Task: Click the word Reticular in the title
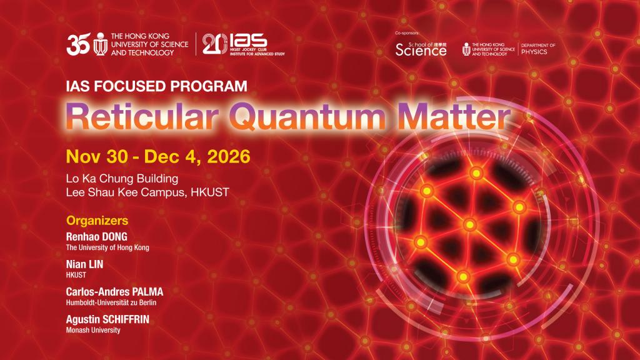142,116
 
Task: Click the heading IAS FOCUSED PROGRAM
157,86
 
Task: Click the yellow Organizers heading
97,221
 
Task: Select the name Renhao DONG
97,237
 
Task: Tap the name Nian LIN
84,264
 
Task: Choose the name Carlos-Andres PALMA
115,292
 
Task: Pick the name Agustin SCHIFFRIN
107,319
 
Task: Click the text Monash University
93,330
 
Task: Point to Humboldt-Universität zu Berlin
111,302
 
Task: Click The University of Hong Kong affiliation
107,247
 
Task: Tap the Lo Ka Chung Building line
122,178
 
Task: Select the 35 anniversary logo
78,44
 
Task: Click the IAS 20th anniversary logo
243,44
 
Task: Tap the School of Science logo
421,49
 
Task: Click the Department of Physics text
538,49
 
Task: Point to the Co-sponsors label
407,33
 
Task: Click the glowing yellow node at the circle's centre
470,224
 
